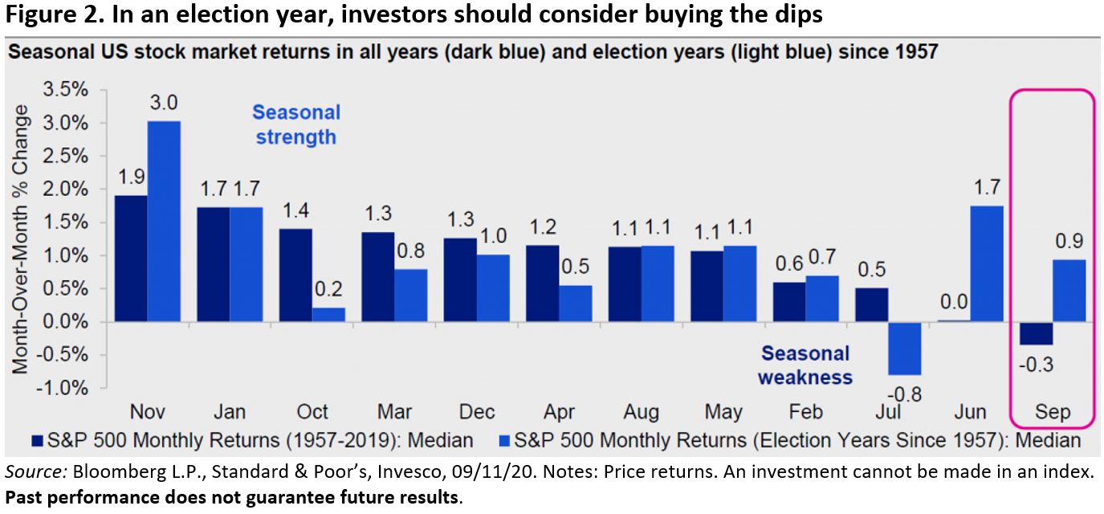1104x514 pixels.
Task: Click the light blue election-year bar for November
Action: pos(164,221)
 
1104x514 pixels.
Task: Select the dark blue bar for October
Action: pos(296,275)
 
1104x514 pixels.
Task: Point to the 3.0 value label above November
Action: pos(165,104)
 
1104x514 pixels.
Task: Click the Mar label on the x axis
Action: pos(394,412)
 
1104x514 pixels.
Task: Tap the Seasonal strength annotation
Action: pos(296,124)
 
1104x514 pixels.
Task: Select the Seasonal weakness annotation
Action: pos(805,365)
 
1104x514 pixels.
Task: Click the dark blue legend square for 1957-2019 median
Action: pos(36,441)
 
